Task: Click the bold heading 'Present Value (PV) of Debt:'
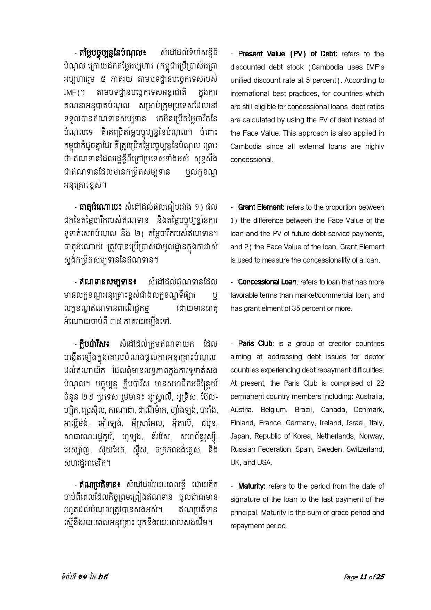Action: pos(287,54)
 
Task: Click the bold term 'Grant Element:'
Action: pos(261,207)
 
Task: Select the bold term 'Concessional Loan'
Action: pos(267,282)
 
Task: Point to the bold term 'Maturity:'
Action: pos(252,486)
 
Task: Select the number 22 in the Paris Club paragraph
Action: pos(380,383)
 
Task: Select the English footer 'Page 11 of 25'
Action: pos(364,577)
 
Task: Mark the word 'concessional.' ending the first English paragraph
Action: pos(252,160)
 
